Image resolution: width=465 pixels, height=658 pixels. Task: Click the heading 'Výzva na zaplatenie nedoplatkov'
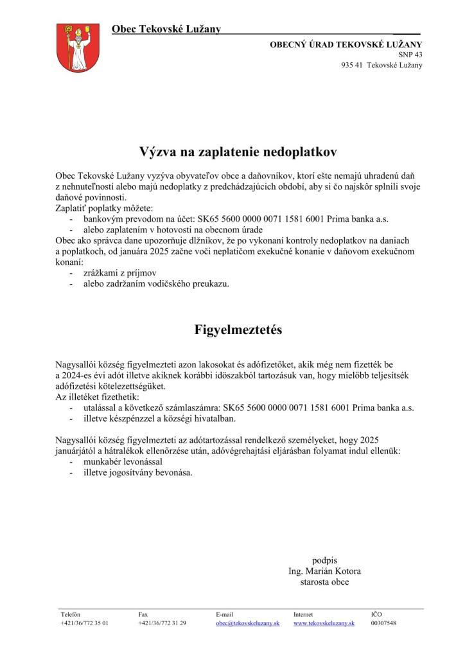tap(238, 152)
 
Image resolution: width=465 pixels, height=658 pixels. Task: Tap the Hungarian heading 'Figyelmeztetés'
tap(238, 330)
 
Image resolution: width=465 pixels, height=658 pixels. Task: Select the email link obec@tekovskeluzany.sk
tap(248, 623)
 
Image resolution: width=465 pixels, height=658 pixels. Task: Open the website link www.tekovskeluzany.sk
tap(324, 623)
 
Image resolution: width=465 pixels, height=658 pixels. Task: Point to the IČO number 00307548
tap(383, 623)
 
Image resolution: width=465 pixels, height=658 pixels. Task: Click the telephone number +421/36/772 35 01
tap(84, 623)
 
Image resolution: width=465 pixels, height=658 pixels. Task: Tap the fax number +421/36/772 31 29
tap(162, 623)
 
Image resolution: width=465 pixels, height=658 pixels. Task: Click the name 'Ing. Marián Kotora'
tap(325, 571)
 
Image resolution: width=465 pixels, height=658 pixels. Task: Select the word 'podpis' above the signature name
tap(325, 560)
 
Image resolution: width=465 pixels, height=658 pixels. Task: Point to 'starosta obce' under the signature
tap(325, 582)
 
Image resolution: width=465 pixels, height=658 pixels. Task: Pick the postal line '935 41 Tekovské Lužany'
tap(382, 66)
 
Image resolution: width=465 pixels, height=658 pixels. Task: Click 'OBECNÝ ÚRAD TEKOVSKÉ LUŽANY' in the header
tap(346, 44)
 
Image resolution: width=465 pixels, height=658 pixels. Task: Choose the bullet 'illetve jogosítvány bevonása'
tap(137, 473)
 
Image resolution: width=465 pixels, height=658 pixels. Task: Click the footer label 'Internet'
tap(303, 614)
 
